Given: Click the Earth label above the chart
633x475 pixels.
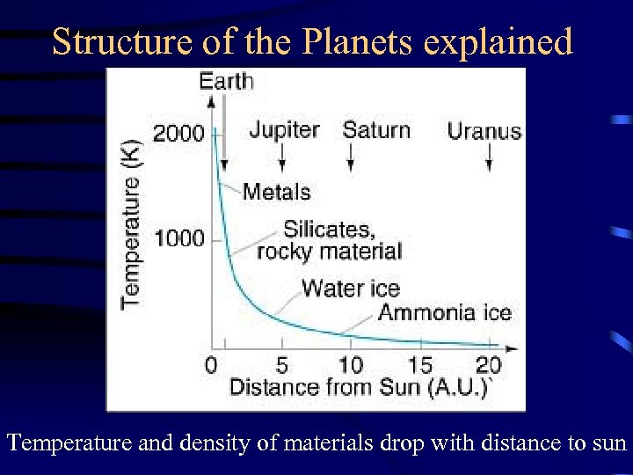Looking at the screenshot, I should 226,82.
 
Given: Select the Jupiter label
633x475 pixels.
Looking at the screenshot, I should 284,130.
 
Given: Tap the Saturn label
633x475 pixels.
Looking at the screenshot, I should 376,130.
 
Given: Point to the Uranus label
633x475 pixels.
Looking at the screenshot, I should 484,132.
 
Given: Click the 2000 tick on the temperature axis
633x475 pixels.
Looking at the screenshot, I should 178,134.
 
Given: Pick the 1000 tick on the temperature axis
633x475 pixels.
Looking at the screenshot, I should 178,238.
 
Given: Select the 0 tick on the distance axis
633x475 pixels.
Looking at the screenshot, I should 211,365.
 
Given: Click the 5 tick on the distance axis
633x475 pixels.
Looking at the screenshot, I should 281,365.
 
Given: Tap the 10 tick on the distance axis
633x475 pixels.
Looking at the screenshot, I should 351,365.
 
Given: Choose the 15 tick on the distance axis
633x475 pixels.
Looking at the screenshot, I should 420,365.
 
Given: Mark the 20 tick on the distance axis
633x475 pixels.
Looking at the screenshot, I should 489,365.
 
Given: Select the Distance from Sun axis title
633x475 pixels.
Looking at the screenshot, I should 358,387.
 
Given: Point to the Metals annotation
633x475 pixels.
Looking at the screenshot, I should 276,191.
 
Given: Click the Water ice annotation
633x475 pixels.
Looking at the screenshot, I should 350,288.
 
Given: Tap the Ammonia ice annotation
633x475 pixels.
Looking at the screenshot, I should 445,312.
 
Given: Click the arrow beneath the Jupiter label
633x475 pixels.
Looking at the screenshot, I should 282,157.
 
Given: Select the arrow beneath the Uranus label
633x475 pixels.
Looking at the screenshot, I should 489,158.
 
